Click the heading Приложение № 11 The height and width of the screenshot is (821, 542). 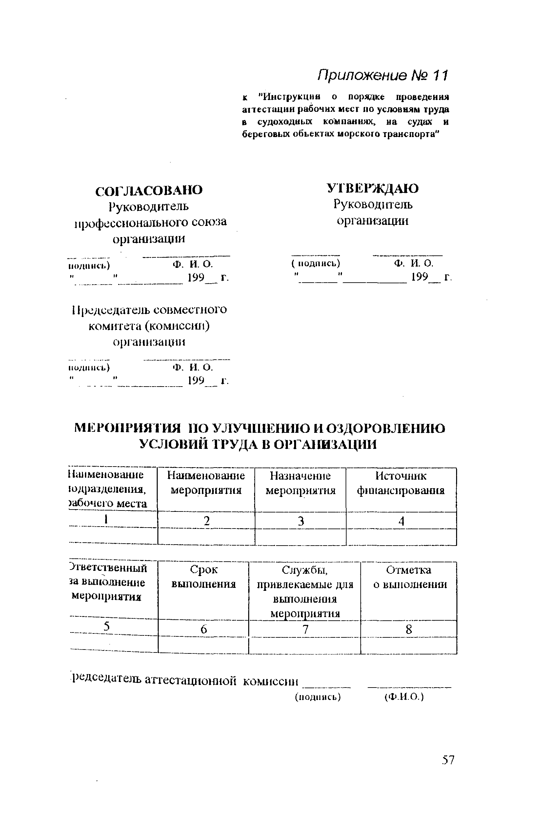(x=382, y=75)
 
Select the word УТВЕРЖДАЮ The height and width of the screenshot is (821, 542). (x=372, y=189)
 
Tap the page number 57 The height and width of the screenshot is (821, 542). (x=448, y=760)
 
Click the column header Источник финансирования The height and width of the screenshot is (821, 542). (x=401, y=483)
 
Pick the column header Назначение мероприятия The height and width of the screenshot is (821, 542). (x=300, y=483)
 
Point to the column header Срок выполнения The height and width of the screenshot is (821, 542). (x=204, y=577)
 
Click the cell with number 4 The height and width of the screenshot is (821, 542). (x=401, y=521)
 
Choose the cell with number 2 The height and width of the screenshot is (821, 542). (x=206, y=521)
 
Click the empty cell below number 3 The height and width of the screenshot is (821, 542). (x=300, y=537)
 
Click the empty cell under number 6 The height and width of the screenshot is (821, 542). (x=204, y=645)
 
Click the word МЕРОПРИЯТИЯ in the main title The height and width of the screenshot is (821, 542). (x=128, y=429)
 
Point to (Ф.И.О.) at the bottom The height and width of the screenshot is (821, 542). (x=404, y=697)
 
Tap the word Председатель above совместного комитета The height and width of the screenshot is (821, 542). (x=110, y=310)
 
